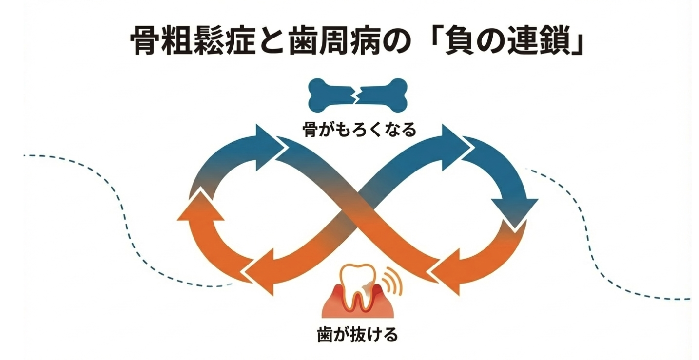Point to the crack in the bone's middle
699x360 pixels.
click(357, 94)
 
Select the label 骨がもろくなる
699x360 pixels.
click(359, 130)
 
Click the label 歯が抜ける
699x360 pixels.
click(357, 335)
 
